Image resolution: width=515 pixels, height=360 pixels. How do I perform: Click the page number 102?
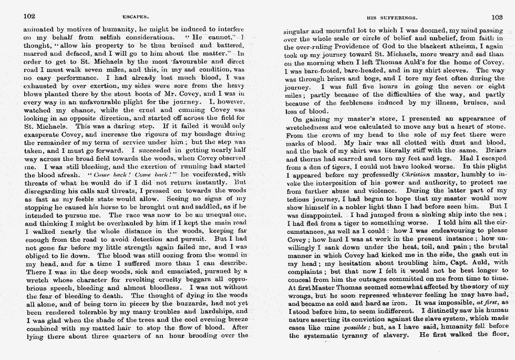point(29,16)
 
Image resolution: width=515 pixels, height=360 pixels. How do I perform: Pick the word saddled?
point(204,208)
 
